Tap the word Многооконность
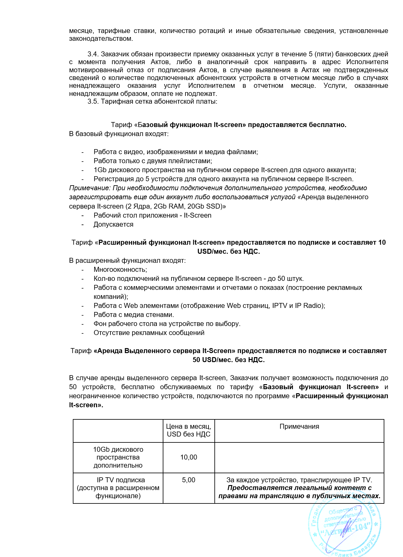click(120, 270)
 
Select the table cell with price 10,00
click(189, 457)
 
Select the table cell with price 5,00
click(189, 480)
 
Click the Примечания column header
click(299, 427)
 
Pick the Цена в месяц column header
click(189, 430)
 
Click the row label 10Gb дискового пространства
click(118, 457)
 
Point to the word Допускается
click(113, 224)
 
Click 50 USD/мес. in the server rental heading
click(213, 360)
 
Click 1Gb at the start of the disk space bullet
click(99, 170)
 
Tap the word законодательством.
click(101, 39)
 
